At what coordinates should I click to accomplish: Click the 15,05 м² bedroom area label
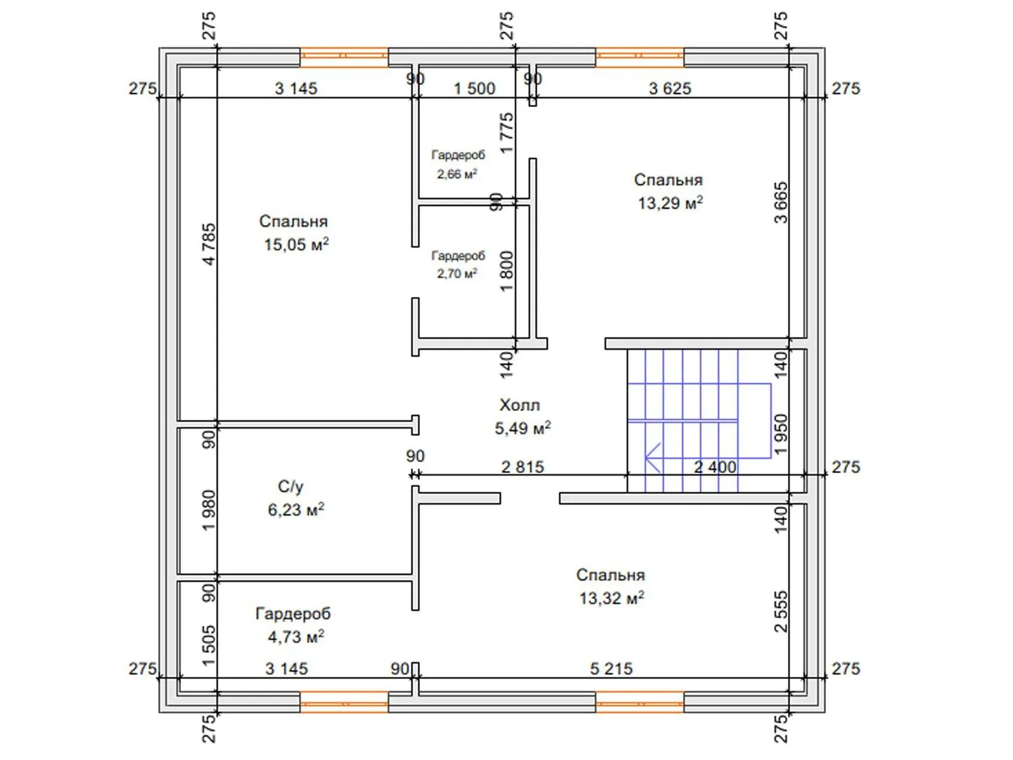[296, 244]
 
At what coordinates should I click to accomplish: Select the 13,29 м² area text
[670, 203]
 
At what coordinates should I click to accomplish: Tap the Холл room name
[519, 405]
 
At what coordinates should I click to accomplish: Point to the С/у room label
[291, 486]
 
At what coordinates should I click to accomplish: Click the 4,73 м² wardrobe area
[296, 637]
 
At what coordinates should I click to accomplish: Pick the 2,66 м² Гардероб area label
[457, 174]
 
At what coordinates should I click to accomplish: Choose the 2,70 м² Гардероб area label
[457, 274]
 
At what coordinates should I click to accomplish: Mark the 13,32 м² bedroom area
[611, 598]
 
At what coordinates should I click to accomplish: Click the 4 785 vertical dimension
[209, 244]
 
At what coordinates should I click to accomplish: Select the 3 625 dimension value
[670, 88]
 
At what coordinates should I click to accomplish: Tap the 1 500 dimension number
[474, 88]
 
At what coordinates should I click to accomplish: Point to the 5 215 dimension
[611, 669]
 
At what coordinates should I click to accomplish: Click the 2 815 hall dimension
[523, 467]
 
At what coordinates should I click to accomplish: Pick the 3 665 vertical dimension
[781, 202]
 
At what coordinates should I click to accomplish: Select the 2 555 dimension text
[781, 612]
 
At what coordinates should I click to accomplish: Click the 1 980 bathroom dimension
[209, 510]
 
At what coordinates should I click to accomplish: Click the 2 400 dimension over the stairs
[715, 467]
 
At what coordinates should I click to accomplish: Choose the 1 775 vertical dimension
[507, 133]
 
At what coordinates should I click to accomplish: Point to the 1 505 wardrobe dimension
[209, 646]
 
